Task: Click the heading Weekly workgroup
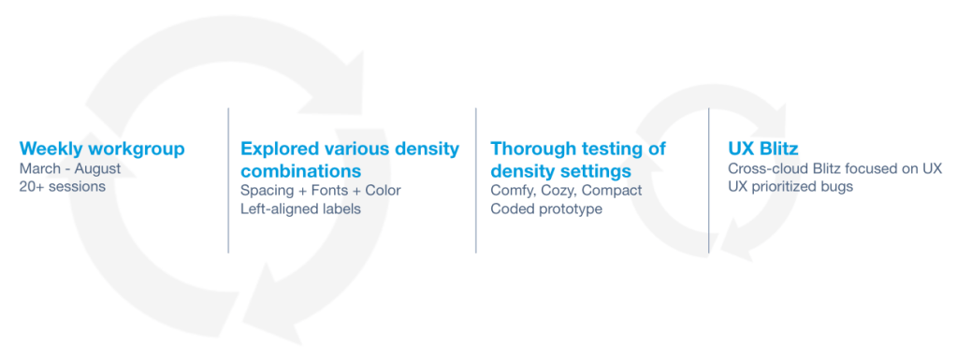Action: (x=102, y=149)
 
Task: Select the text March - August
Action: (x=69, y=167)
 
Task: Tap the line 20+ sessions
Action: (x=63, y=186)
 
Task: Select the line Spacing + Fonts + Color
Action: (x=321, y=191)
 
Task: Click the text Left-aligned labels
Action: (x=300, y=209)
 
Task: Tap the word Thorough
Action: (x=529, y=149)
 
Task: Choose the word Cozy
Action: (x=557, y=191)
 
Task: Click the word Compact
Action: (x=612, y=191)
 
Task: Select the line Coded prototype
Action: (x=546, y=209)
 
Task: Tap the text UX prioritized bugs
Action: (x=790, y=187)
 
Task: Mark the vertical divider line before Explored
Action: (x=228, y=180)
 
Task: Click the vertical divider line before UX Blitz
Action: (x=708, y=180)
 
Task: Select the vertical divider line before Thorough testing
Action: (x=475, y=180)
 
